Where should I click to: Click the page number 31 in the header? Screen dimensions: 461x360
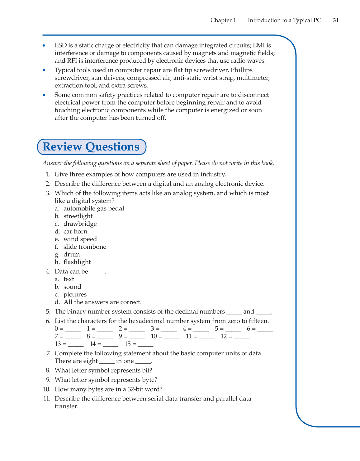[x=336, y=20]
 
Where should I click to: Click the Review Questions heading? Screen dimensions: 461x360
[x=91, y=147]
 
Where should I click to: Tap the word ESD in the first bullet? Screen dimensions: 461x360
[x=61, y=46]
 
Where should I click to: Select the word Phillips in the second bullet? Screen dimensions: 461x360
[x=241, y=70]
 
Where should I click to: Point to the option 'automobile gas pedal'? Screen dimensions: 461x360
[x=94, y=209]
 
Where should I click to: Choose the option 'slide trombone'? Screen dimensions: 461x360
[x=85, y=247]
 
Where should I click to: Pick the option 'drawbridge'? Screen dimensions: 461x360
[x=80, y=224]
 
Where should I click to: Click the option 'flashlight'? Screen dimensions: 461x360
[x=77, y=262]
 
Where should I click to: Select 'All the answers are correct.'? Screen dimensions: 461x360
[x=102, y=302]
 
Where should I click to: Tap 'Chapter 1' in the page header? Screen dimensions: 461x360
[x=223, y=20]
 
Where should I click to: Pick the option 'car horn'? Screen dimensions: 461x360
[x=75, y=232]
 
